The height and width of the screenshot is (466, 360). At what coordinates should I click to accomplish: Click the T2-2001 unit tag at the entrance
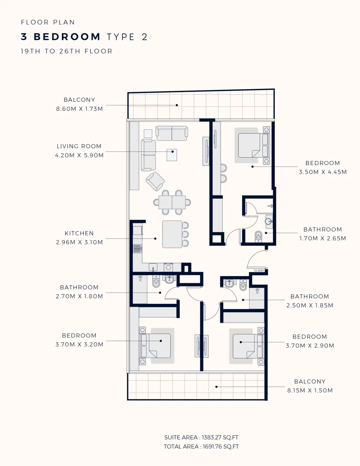(259, 271)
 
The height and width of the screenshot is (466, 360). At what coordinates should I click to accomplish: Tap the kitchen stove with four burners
(137, 249)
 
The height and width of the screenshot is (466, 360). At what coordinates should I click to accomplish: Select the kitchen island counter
(172, 234)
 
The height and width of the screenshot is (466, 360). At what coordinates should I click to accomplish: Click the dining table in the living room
(172, 203)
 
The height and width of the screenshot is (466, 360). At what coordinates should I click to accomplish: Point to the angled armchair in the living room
(155, 181)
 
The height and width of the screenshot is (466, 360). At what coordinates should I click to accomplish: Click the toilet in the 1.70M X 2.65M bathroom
(258, 236)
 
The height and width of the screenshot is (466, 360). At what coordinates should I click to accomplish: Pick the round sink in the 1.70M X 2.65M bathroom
(269, 222)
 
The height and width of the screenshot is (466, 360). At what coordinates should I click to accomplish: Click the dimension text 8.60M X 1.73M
(79, 109)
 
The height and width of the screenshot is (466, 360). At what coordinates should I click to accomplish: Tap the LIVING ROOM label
(79, 146)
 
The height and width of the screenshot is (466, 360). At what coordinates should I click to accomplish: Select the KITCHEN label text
(79, 233)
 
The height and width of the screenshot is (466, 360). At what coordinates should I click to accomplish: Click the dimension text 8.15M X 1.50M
(310, 390)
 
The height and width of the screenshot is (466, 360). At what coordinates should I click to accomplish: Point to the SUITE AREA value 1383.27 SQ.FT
(220, 437)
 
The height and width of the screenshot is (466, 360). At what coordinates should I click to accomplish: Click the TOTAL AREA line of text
(201, 446)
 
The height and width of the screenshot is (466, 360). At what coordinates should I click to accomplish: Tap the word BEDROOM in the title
(67, 37)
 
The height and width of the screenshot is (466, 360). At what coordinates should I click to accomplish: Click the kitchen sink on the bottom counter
(153, 267)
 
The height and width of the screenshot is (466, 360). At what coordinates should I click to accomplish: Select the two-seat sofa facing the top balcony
(172, 133)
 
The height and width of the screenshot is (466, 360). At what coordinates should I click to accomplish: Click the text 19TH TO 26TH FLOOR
(66, 51)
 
